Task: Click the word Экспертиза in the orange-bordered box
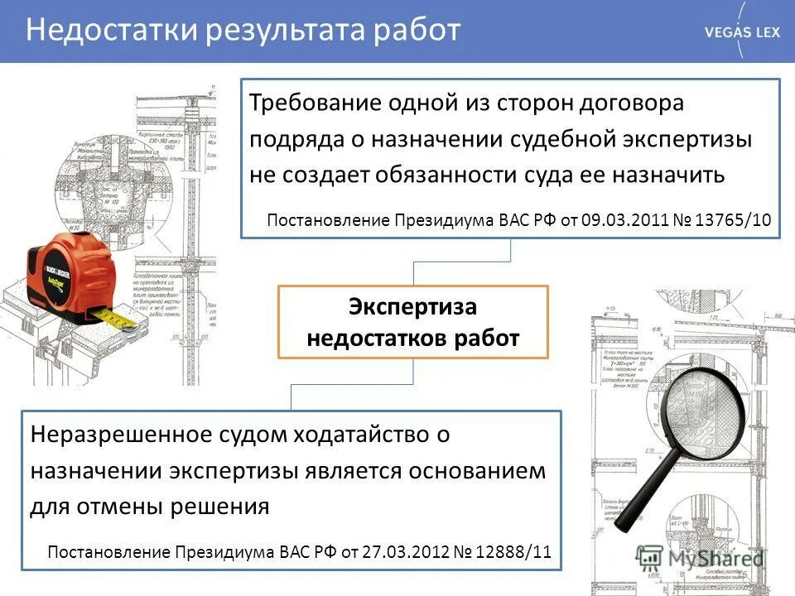[412, 307]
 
